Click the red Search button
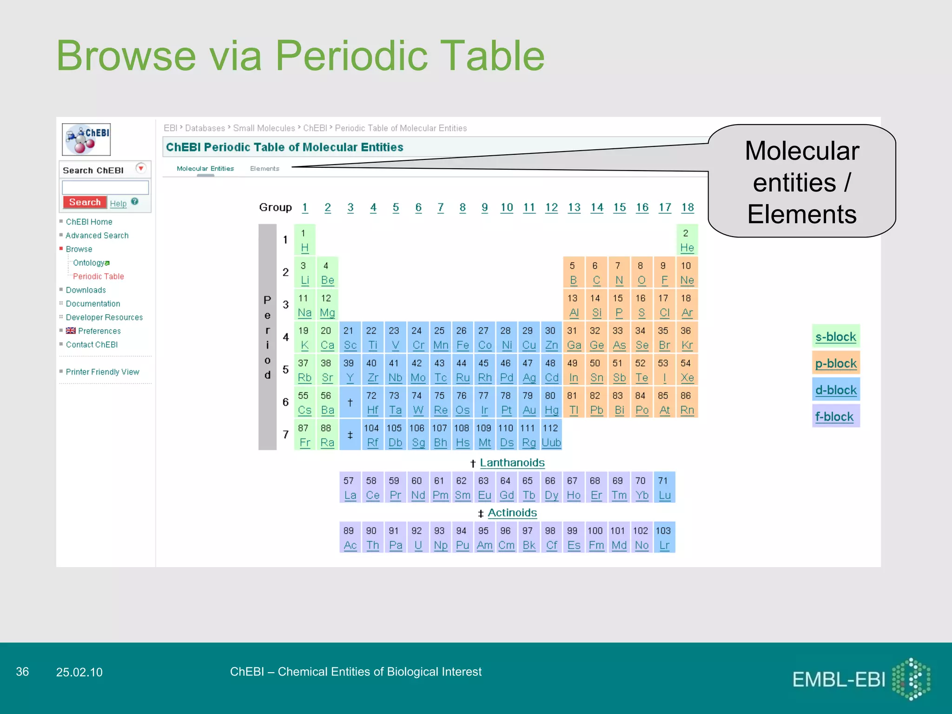[85, 202]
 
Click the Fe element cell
[462, 338]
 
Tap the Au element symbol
[529, 410]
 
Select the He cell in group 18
[687, 240]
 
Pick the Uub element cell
[551, 436]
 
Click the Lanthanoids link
[512, 463]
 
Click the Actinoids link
[512, 513]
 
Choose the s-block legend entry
[835, 337]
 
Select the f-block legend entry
[834, 416]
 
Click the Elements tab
[264, 169]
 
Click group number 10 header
[506, 207]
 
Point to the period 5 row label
[285, 370]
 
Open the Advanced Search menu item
[97, 236]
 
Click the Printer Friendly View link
[102, 372]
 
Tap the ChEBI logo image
[86, 139]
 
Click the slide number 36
[22, 672]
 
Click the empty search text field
[105, 187]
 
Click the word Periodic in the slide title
[351, 56]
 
